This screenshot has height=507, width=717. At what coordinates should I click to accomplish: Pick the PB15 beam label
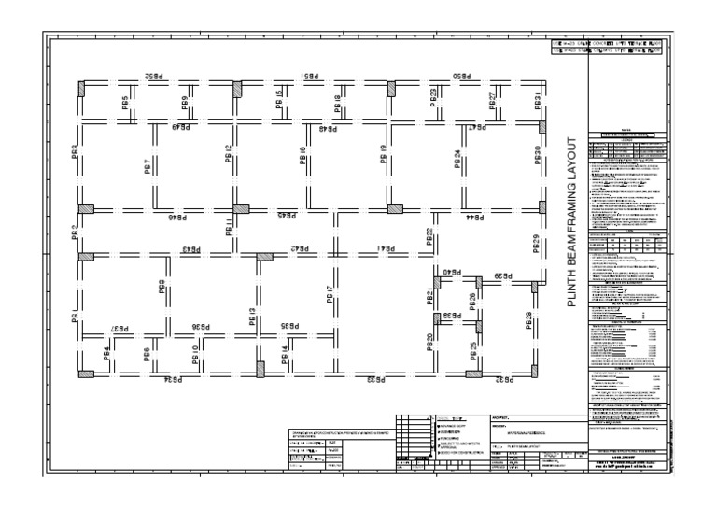coord(279,101)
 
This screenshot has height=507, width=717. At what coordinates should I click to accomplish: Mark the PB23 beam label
coord(433,99)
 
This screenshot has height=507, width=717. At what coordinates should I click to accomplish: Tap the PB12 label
coord(228,154)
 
